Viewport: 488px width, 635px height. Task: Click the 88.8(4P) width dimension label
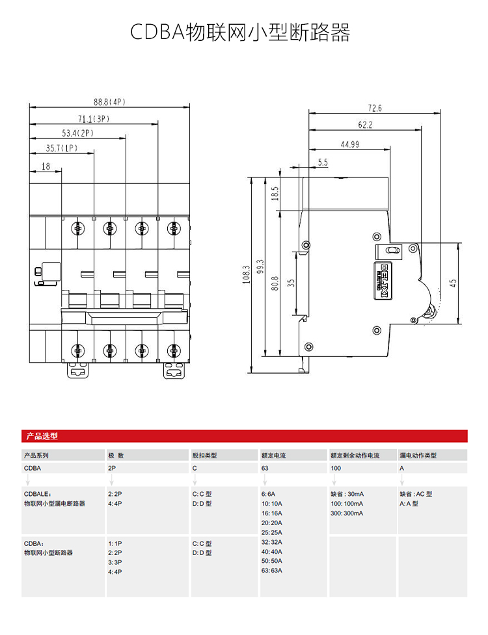click(109, 102)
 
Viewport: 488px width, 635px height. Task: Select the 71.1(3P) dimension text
click(94, 119)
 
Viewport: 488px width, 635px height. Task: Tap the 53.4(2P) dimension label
click(77, 133)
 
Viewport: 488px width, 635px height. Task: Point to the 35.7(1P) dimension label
click(61, 148)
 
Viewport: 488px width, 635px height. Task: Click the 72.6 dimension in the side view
click(375, 108)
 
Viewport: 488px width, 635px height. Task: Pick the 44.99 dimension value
click(350, 144)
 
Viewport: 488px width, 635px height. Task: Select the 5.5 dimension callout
click(323, 162)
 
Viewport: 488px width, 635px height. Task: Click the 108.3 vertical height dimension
click(247, 274)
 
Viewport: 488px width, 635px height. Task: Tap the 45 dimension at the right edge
click(453, 283)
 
